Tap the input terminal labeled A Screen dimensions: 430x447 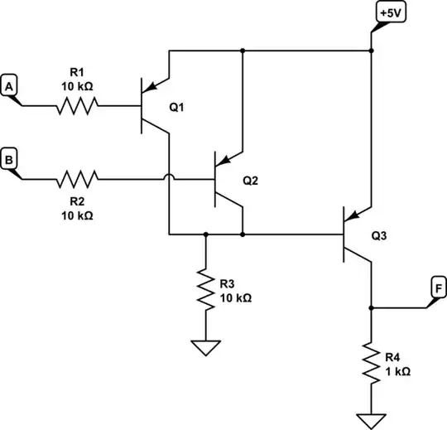[10, 85]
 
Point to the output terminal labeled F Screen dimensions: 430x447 [437, 288]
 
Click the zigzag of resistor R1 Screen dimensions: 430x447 [77, 105]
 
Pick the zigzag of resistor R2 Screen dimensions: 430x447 [77, 178]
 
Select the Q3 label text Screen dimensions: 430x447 [379, 235]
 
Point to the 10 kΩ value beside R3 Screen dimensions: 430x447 [236, 297]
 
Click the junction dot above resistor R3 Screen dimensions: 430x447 [205, 234]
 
